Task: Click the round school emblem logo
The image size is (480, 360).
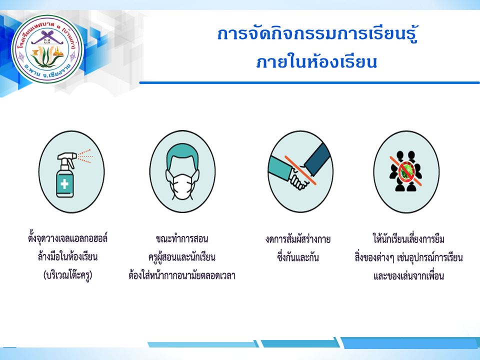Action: coord(47,49)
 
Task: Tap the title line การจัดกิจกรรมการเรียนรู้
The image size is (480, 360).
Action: coord(317,34)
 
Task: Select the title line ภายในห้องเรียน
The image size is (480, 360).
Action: coord(317,62)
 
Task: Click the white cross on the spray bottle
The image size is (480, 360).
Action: coord(64,183)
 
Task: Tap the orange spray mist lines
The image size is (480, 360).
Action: coord(85,156)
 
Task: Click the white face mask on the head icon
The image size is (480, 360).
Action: coord(182,185)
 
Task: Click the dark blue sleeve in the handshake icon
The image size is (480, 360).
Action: coord(317,158)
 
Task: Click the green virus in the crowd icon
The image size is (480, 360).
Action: coord(406,172)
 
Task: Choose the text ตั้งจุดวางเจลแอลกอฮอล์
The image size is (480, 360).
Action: coord(67,238)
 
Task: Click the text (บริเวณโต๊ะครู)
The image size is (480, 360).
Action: coord(67,275)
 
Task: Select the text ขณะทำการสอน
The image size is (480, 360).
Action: coord(182,238)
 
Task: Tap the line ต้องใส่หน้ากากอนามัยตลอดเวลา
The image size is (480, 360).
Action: coord(182,275)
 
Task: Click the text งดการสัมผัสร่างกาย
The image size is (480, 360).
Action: coord(298,239)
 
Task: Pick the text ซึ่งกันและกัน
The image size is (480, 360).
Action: coord(298,256)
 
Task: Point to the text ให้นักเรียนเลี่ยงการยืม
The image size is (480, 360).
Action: coord(408,238)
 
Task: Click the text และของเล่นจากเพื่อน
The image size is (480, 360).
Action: coord(408,276)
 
